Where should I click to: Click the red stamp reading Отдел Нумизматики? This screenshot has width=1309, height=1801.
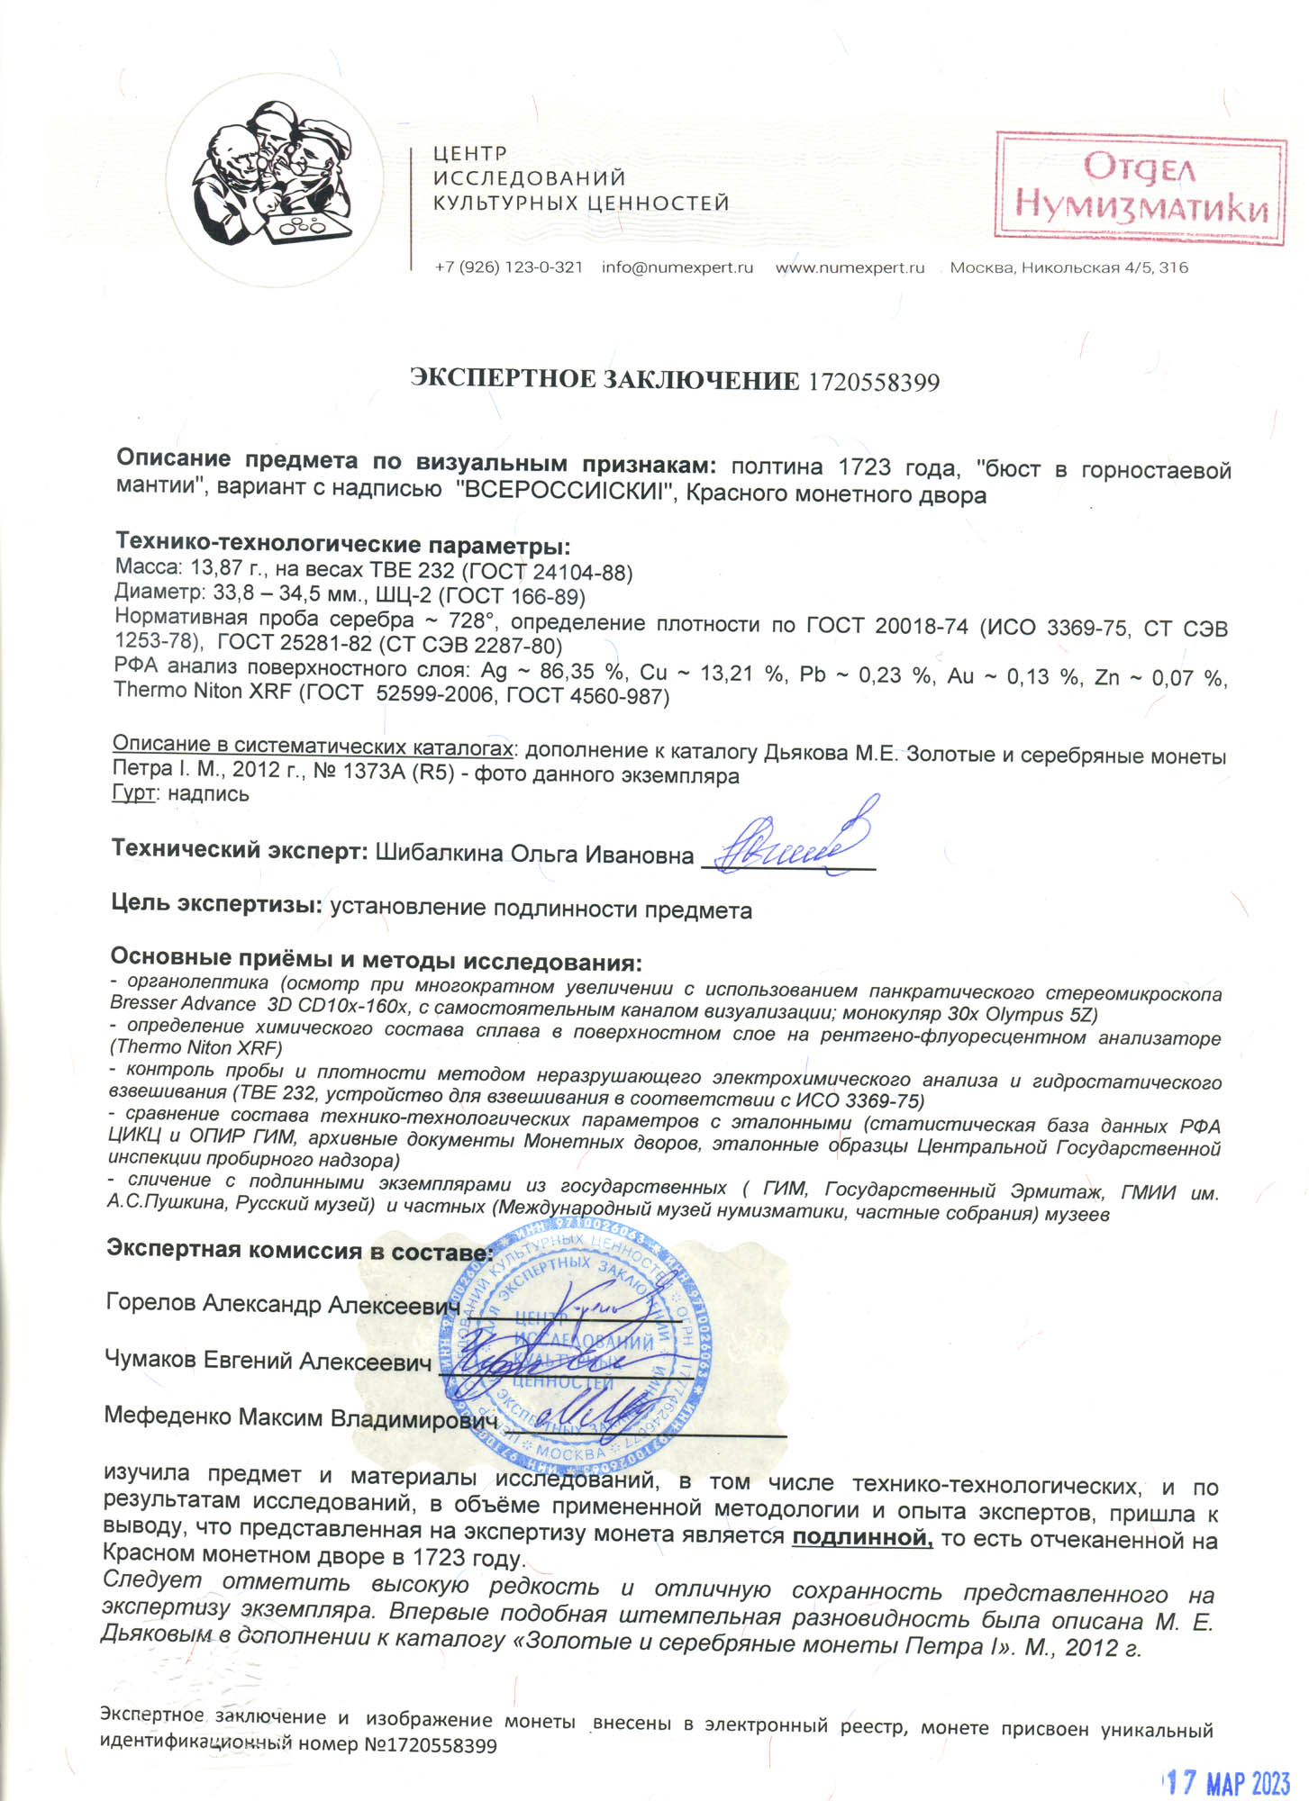click(1141, 188)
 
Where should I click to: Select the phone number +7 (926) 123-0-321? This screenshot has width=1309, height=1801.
click(508, 267)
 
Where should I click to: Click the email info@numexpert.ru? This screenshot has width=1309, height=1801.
click(677, 267)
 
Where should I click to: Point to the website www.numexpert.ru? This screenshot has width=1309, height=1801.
click(850, 267)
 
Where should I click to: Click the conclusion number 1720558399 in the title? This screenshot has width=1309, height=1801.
click(873, 382)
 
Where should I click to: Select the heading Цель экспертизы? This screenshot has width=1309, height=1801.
click(216, 903)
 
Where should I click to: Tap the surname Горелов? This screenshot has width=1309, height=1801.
click(151, 1302)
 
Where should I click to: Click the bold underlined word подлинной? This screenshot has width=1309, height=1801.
click(861, 1536)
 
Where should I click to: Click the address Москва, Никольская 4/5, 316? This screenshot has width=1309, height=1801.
click(1068, 267)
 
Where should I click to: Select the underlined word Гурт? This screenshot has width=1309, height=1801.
click(135, 794)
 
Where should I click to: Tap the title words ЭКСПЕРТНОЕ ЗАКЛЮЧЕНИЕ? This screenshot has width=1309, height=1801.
click(604, 380)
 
